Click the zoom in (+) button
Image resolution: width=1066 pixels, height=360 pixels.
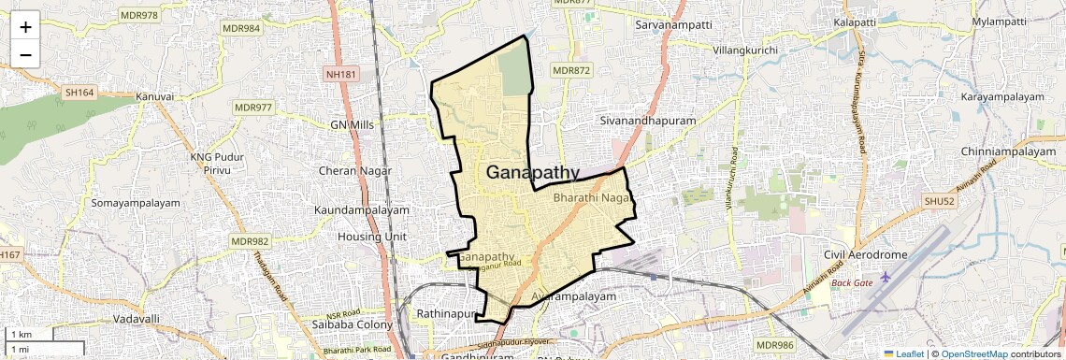(x=25, y=26)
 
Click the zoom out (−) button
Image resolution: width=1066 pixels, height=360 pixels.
(x=25, y=54)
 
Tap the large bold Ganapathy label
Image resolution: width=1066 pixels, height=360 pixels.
(x=533, y=173)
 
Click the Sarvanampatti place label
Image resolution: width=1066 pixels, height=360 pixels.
(x=673, y=22)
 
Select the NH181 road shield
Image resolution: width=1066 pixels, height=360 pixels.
(x=342, y=73)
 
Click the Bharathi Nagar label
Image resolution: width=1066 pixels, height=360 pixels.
(x=593, y=199)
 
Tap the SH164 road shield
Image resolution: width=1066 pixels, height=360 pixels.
(x=80, y=93)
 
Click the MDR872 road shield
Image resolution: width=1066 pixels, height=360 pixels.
(x=571, y=70)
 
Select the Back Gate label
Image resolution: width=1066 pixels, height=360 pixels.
(x=852, y=282)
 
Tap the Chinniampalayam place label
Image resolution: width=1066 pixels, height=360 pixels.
(x=1007, y=151)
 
